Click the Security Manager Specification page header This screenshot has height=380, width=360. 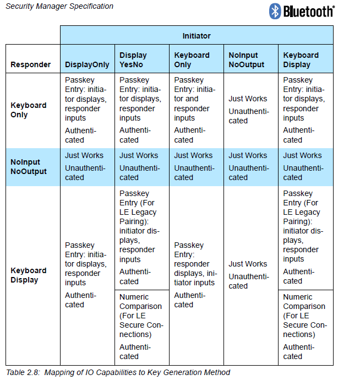coord(59,7)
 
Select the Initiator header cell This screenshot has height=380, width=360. coord(197,36)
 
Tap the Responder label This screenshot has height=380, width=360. coord(30,64)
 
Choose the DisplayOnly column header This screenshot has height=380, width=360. coord(87,64)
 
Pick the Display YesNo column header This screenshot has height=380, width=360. coord(133,59)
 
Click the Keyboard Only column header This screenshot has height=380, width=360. coord(192,59)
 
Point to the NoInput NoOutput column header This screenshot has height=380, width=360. coord(246,59)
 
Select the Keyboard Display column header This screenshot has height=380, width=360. coord(301,59)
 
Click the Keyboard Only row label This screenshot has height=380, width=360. coord(29,110)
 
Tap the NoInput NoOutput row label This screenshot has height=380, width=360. coord(29,167)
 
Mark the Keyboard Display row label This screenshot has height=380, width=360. coord(29,275)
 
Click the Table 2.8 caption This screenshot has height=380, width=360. coord(118,373)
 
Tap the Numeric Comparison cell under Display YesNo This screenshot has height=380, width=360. coord(141,327)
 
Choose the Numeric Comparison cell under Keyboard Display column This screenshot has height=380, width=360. coord(305,327)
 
